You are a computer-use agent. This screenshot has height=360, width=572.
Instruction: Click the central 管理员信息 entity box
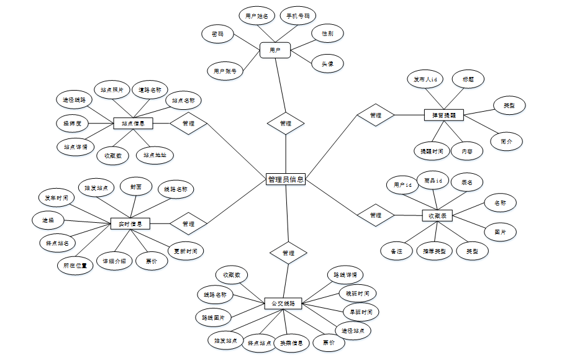coord(286,179)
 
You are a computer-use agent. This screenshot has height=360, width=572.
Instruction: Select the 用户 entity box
coord(275,50)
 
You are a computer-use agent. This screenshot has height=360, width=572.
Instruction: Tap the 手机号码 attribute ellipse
coord(297,16)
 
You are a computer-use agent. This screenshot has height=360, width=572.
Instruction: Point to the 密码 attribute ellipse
coord(217,34)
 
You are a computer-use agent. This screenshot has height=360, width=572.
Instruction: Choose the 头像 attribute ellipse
coord(327,63)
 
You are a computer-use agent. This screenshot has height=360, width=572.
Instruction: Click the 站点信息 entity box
coord(133,124)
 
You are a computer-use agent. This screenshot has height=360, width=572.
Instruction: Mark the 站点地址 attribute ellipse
coord(155,155)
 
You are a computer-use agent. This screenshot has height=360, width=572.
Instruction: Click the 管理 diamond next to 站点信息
coord(188,124)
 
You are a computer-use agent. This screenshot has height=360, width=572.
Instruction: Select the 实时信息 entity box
coord(130,223)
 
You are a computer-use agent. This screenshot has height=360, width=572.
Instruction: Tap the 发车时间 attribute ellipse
coord(57,198)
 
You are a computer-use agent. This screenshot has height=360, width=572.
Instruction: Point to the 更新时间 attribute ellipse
coord(185,251)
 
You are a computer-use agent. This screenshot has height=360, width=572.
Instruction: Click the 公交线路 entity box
coord(283,304)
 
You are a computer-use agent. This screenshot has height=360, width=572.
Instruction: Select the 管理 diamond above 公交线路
coord(288,253)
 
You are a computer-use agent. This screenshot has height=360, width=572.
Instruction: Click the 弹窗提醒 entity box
coord(444,115)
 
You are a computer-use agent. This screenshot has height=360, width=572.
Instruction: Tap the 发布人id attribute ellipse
coord(425,79)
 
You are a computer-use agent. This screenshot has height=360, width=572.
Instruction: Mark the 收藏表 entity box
coord(437,215)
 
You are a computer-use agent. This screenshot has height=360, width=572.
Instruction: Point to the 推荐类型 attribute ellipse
coord(434,251)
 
